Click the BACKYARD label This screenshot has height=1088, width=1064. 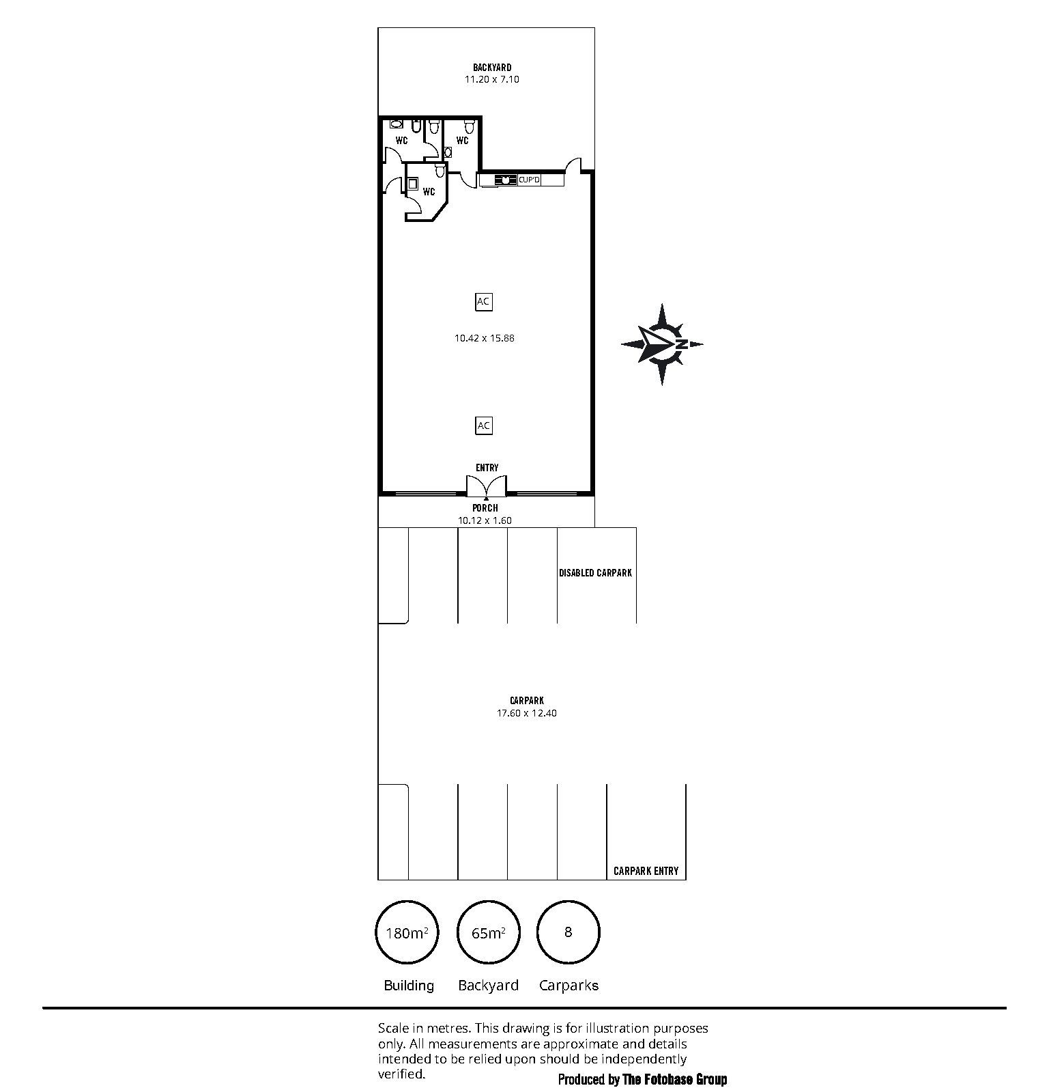coord(492,68)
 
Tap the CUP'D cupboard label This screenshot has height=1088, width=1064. coord(529,180)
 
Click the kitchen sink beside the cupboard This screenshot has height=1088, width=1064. coord(506,180)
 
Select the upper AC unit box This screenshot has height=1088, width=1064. coord(483,301)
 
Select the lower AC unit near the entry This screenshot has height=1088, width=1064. coord(483,426)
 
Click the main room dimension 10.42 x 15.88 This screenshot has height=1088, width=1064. coord(485,338)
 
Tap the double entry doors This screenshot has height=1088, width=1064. coord(486,486)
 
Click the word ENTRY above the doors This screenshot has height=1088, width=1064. coord(487,468)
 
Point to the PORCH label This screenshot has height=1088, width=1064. coord(485,508)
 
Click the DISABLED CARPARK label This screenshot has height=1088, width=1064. coord(596,573)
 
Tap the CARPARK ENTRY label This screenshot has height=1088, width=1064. coord(646,871)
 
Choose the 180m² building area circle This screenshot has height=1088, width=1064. coord(407,932)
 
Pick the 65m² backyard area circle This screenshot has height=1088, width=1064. coord(488,932)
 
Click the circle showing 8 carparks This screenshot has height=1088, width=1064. coord(569,932)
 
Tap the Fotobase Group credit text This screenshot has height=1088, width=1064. coord(643,1080)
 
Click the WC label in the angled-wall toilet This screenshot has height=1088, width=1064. coord(429,192)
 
